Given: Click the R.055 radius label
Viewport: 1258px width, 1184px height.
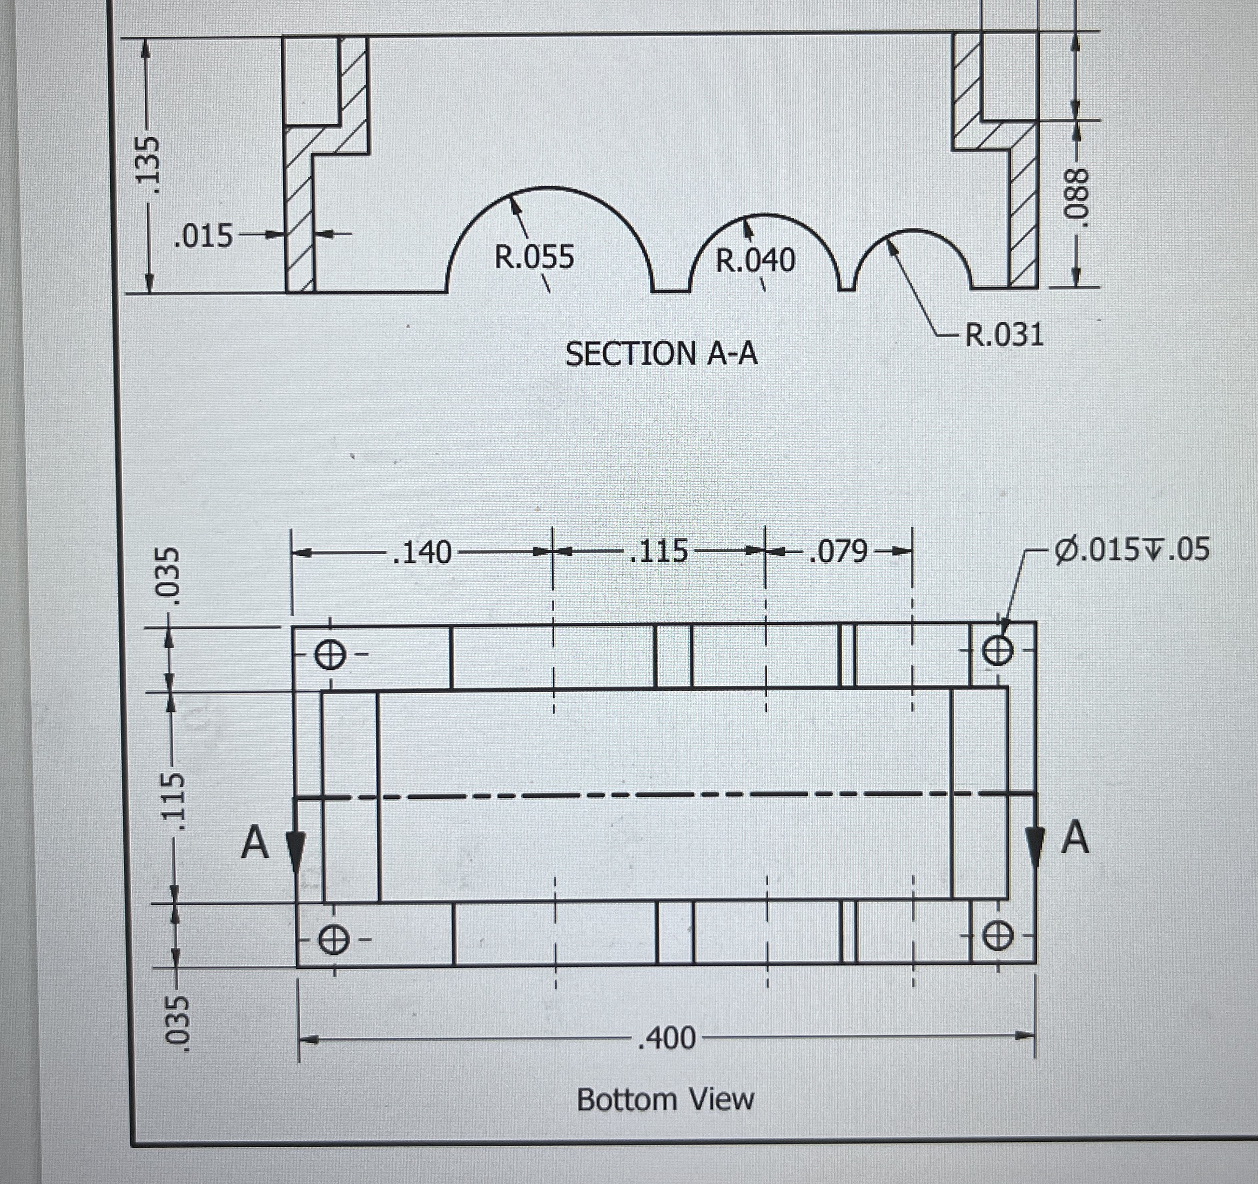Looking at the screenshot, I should pos(534,257).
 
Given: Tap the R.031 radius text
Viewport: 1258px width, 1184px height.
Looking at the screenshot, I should pos(1004,334).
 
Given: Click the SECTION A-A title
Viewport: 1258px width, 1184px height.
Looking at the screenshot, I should pos(661,354).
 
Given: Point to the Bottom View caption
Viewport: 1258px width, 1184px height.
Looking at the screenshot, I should pos(665,1099).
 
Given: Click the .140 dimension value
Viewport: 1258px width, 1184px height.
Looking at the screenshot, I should pos(421,553).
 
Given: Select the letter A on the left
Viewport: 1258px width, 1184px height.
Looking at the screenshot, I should pos(255,843).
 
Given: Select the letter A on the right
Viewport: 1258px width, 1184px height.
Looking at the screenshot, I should pos(1074,838).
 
